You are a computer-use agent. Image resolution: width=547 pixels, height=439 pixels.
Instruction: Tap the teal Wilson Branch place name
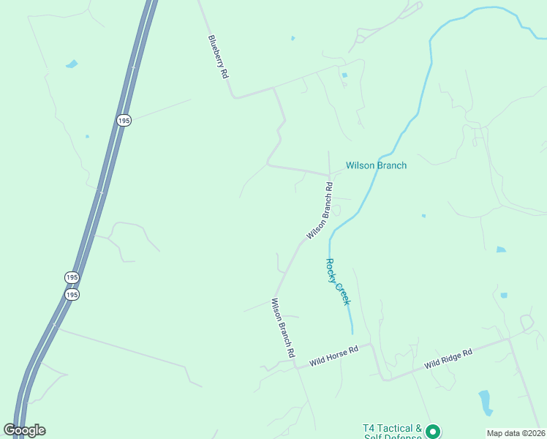[x=376, y=165]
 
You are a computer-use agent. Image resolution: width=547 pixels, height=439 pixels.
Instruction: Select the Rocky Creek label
[x=338, y=282]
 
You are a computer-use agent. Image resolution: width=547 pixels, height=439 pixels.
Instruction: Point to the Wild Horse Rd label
[x=333, y=356]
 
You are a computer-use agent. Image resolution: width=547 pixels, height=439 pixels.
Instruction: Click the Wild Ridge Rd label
[x=448, y=358]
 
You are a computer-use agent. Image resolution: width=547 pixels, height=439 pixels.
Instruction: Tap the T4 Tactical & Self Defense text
[x=392, y=432]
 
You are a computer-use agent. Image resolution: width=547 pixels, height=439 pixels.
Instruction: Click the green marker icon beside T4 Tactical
[x=433, y=431]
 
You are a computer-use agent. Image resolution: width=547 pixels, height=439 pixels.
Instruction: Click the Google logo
[x=24, y=430]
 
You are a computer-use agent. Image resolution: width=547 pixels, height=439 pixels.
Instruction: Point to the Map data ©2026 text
[x=516, y=433]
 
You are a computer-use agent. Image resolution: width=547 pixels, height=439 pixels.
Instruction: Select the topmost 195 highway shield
[x=124, y=119]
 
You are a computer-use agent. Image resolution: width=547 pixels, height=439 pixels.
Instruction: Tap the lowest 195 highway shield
[x=71, y=294]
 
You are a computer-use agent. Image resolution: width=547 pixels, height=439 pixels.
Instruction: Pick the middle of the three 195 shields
[x=71, y=277]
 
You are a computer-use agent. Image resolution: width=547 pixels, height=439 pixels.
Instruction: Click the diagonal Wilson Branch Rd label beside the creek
[x=321, y=210]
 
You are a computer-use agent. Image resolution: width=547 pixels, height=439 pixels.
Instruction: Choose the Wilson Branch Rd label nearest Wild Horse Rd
[x=283, y=327]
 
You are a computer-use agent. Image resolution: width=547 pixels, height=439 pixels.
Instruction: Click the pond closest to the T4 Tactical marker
[x=485, y=402]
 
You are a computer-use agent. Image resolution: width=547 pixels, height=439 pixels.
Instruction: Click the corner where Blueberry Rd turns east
[x=233, y=96]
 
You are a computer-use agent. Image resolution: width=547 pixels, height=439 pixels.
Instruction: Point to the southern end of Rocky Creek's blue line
[x=352, y=333]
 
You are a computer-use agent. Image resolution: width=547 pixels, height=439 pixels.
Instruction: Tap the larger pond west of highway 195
[x=71, y=64]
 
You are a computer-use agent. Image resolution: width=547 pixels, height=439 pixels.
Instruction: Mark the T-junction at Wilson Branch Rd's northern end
[x=329, y=176]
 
